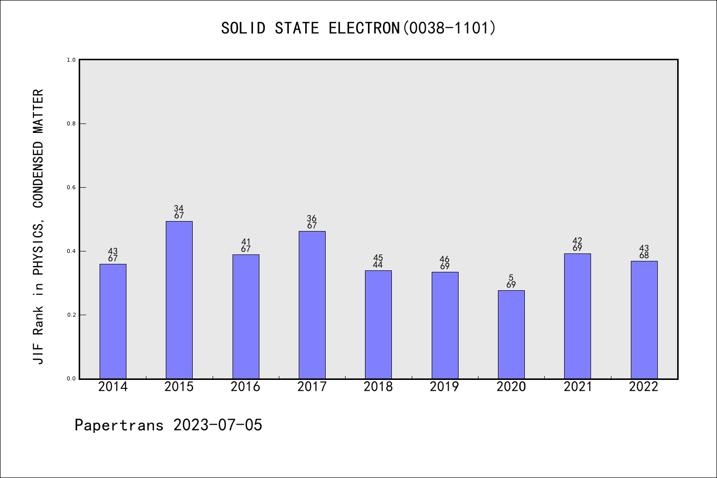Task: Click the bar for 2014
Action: coord(113,321)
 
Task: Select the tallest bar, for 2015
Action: coord(179,300)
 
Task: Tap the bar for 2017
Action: coord(312,305)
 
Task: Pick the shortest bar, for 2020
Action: coord(511,334)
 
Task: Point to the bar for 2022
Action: coord(644,320)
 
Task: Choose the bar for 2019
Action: coord(445,325)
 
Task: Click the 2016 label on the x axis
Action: coord(245,387)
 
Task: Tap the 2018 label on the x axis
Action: coord(378,387)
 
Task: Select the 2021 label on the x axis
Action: coord(577,387)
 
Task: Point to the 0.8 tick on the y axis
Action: coord(71,123)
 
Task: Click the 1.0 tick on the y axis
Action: coord(71,60)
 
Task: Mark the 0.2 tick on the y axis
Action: coord(71,315)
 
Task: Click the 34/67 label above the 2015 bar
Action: coord(179,212)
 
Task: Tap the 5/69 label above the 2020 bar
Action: coord(511,281)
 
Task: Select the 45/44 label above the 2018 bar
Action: coord(378,261)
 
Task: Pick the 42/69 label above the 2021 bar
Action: coord(577,244)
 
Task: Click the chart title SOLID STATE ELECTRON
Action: coord(358,28)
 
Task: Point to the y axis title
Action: coord(38,227)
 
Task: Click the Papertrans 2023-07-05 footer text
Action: coord(168,425)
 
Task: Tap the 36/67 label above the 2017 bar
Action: coord(312,222)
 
